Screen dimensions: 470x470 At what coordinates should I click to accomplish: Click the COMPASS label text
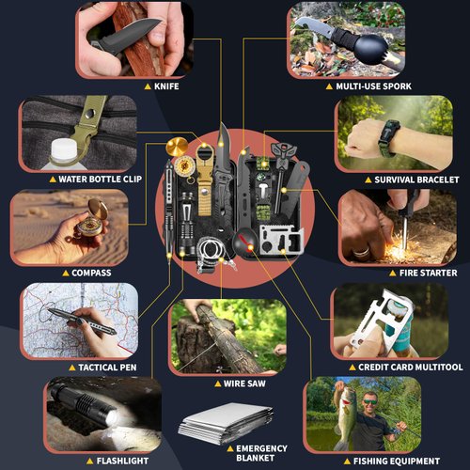tap(90, 273)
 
